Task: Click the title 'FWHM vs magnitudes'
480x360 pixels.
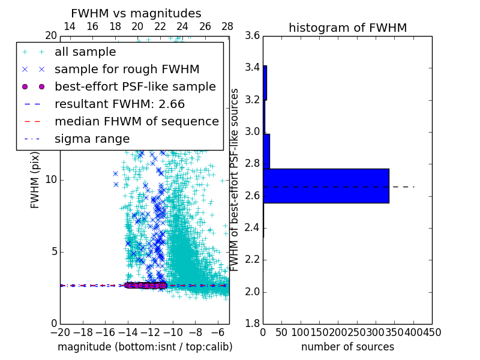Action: pyautogui.click(x=136, y=13)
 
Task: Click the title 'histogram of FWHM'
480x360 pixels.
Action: pyautogui.click(x=347, y=28)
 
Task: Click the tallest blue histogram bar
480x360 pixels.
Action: pyautogui.click(x=326, y=186)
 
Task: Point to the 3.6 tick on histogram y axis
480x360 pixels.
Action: pyautogui.click(x=253, y=35)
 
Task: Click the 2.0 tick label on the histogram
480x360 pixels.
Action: pyautogui.click(x=253, y=292)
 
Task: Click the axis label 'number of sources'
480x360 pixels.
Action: pyautogui.click(x=347, y=347)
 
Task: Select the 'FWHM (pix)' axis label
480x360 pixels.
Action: pyautogui.click(x=35, y=180)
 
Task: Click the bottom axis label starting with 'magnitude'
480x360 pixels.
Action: pyautogui.click(x=145, y=347)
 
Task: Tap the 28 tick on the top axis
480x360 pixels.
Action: pyautogui.click(x=227, y=26)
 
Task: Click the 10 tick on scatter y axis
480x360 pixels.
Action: pyautogui.click(x=50, y=180)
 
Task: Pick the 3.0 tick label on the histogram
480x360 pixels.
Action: pyautogui.click(x=253, y=131)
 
